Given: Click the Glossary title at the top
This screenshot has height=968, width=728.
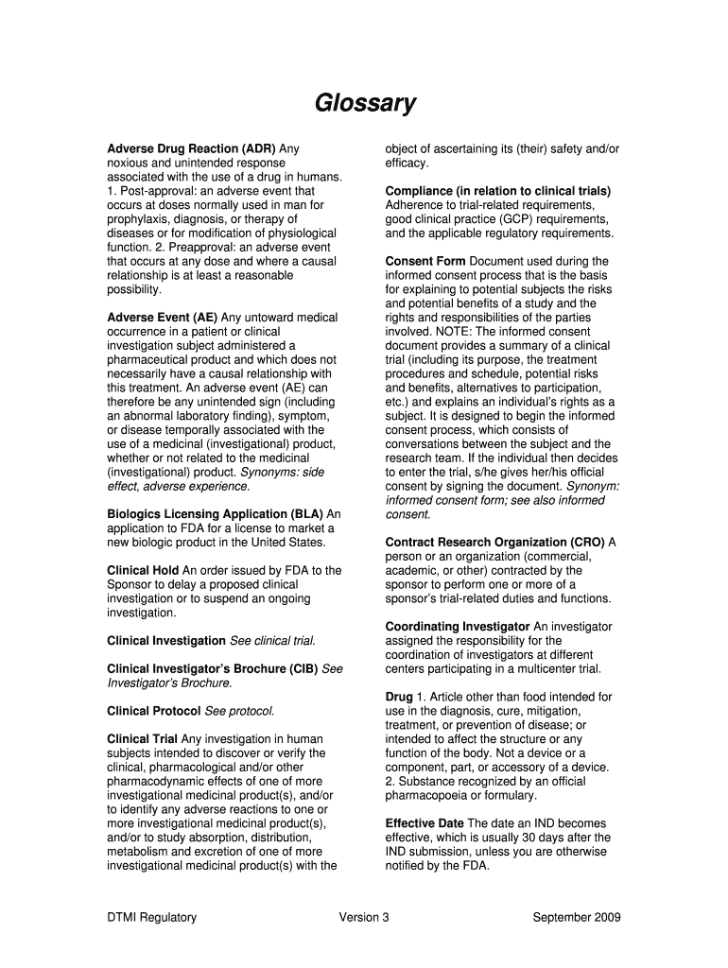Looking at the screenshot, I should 365,103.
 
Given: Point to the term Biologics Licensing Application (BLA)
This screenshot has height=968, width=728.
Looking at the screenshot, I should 216,514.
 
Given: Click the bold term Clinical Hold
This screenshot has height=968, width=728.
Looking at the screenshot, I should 143,570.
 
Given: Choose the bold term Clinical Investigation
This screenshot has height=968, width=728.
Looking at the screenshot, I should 166,641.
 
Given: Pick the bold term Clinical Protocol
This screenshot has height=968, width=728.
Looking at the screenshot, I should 154,711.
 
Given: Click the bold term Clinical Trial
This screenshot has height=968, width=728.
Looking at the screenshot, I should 143,738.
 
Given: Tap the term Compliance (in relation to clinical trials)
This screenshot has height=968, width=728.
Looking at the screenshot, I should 497,191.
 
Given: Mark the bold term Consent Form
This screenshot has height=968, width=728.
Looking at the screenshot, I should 425,261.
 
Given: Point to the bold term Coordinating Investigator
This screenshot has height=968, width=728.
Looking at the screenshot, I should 458,627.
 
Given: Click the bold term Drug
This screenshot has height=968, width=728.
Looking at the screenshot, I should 399,697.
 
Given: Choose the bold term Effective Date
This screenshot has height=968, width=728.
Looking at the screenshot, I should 425,823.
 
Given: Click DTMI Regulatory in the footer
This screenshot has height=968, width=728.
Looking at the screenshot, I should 152,917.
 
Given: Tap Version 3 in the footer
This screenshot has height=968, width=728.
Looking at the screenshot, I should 364,917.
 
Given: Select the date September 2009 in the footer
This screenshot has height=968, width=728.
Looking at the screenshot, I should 577,917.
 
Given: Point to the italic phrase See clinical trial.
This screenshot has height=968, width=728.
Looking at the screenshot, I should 272,641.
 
